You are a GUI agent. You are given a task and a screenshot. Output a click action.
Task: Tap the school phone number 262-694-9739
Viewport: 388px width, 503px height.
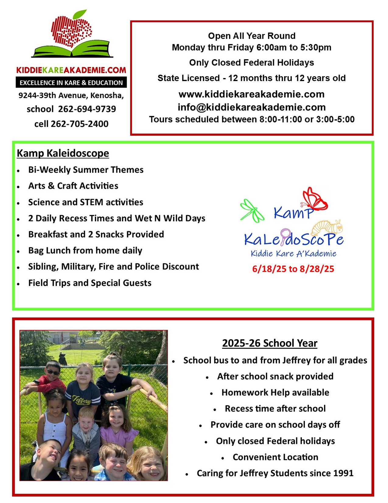87,109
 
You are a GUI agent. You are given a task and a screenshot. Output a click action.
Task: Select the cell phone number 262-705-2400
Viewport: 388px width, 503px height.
79,124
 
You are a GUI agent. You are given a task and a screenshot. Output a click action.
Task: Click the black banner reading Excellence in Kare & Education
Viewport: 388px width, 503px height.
71,83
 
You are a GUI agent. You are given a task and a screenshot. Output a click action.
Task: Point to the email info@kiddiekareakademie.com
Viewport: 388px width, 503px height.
252,107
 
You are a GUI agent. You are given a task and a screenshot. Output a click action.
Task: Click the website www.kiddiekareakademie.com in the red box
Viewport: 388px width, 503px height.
252,94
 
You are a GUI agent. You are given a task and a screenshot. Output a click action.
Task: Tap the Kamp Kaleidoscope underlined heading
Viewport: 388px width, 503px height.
63,153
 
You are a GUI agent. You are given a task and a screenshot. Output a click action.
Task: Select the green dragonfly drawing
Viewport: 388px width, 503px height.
252,210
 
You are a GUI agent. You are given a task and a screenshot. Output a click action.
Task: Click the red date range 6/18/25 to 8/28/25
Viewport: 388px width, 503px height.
293,269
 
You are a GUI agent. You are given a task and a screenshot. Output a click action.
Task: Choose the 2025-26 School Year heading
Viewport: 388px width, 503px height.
270,343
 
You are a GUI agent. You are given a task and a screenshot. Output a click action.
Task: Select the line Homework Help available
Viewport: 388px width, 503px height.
275,392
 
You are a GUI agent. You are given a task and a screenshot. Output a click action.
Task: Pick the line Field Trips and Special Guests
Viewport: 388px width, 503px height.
90,283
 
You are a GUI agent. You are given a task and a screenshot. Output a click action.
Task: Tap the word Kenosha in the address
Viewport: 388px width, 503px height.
106,95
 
